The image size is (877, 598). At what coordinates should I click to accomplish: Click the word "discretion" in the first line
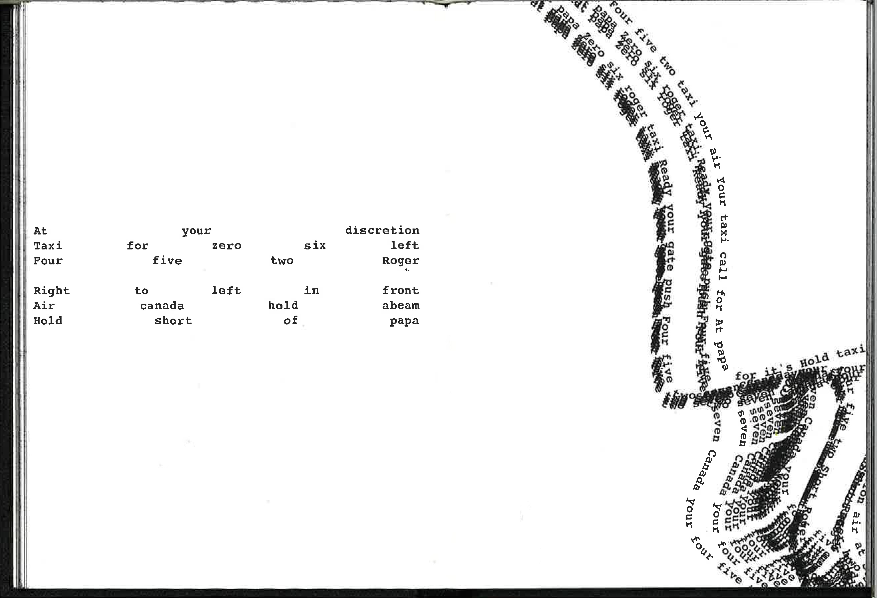[x=382, y=230]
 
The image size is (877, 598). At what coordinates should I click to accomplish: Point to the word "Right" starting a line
[x=51, y=291]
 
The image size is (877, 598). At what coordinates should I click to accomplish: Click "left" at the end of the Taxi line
[x=405, y=245]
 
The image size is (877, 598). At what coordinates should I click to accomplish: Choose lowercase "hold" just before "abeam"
[x=283, y=305]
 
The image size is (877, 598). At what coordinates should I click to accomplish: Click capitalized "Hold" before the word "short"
[x=48, y=321]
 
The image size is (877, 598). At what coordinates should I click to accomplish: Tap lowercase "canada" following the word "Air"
[x=162, y=306]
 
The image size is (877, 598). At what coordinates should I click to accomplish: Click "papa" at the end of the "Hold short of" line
[x=404, y=321]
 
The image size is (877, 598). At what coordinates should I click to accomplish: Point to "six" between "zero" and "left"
[x=315, y=245]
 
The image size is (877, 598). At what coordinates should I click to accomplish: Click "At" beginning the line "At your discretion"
[x=40, y=231]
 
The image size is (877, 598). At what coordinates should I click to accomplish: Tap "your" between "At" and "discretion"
[x=196, y=231]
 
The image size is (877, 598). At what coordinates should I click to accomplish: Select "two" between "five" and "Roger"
[x=282, y=261]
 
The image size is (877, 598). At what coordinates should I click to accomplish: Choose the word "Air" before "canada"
[x=44, y=306]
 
